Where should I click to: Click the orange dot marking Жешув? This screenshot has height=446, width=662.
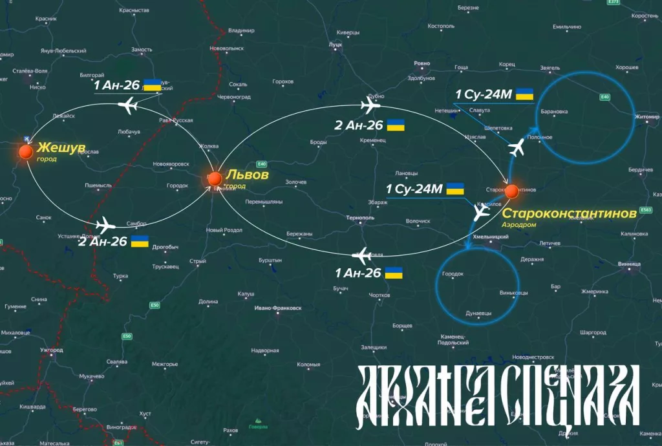(26, 151)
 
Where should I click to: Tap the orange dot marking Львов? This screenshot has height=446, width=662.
(215, 178)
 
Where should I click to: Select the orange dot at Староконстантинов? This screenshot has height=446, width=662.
(511, 191)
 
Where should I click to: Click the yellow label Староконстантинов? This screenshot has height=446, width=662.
(569, 213)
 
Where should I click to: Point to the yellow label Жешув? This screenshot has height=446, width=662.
(61, 147)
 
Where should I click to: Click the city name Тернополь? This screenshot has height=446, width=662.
(360, 218)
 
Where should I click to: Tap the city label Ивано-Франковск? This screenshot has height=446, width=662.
(278, 308)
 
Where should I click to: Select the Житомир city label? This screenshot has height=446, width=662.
(647, 117)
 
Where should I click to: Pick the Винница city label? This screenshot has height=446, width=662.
(629, 264)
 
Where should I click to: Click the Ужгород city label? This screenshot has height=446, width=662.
(51, 350)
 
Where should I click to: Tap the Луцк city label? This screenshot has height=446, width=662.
(336, 44)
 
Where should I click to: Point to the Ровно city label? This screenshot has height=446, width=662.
(422, 63)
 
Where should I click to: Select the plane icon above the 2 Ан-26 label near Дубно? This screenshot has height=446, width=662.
(372, 105)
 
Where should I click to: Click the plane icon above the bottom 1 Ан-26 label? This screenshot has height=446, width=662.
(363, 254)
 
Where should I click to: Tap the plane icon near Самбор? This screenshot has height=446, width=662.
(105, 225)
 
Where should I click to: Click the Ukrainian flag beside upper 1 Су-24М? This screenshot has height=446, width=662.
(524, 94)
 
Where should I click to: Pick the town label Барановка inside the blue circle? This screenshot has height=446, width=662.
(554, 111)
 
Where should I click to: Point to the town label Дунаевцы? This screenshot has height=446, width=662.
(478, 313)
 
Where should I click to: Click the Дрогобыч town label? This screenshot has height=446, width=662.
(165, 247)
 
